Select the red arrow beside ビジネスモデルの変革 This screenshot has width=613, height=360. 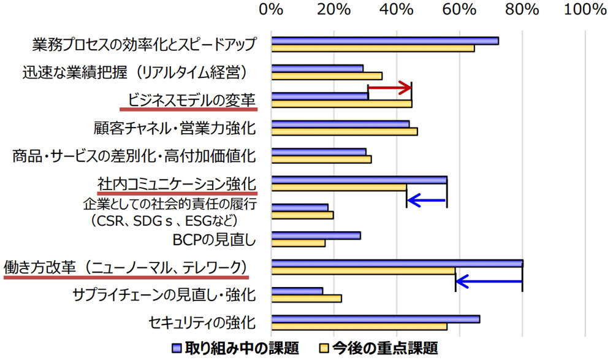(390, 89)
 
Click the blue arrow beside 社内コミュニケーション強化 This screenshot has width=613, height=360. (427, 199)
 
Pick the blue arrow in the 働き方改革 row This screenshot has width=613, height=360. (489, 282)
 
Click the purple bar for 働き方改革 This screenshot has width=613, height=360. (397, 264)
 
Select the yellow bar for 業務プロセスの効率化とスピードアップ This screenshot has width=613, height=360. (373, 48)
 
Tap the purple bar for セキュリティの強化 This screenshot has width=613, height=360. (375, 319)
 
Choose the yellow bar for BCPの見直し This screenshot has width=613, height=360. (298, 243)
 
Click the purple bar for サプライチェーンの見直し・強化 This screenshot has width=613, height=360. (297, 291)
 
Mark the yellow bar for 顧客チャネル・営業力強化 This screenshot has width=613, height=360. (344, 131)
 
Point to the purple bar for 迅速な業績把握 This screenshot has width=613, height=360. (317, 68)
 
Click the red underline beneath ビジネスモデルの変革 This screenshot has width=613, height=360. (188, 109)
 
